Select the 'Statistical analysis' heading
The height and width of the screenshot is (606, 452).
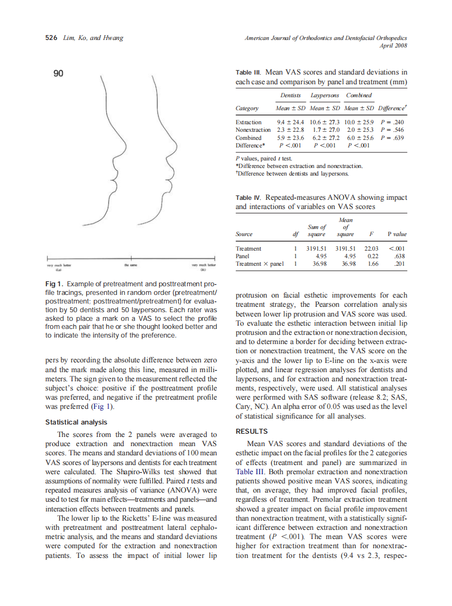(x=76, y=422)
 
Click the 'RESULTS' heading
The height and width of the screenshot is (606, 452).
(x=252, y=432)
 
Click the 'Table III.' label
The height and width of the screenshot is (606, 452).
(x=250, y=72)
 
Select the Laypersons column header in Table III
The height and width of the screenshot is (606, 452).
(x=324, y=96)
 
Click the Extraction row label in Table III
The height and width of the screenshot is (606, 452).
(x=249, y=123)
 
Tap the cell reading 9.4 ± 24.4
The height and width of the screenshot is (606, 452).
(x=290, y=123)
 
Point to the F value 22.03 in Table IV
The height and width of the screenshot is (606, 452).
(x=372, y=248)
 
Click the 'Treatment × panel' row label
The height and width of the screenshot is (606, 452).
(x=260, y=264)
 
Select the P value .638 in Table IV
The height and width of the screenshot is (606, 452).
(x=400, y=256)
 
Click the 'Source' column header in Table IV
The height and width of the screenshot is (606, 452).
(x=245, y=234)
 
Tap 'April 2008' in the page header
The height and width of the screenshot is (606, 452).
(x=393, y=45)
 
